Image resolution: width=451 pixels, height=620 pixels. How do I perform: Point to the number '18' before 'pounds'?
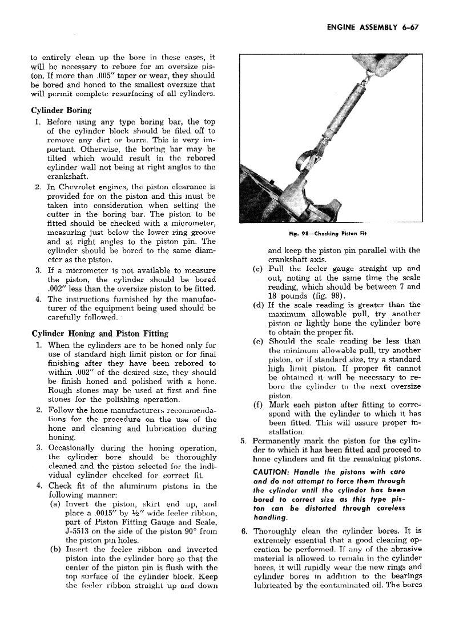pyautogui.click(x=273, y=295)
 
